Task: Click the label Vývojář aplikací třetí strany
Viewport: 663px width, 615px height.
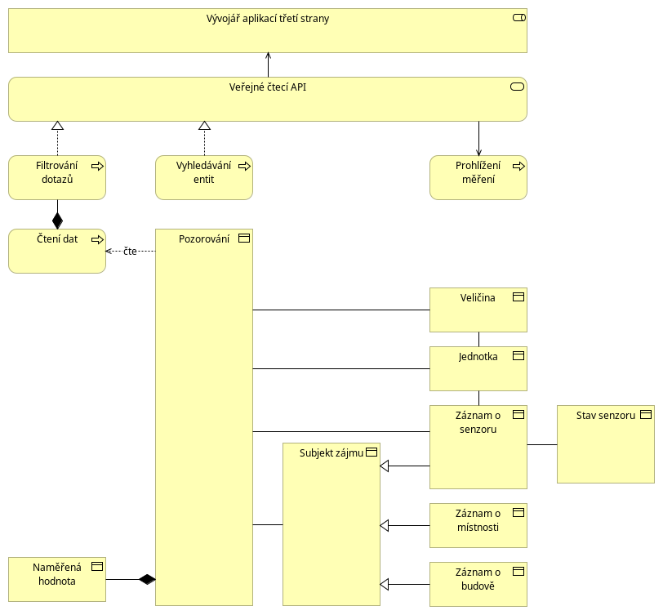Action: point(268,19)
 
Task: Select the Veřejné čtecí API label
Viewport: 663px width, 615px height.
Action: point(268,87)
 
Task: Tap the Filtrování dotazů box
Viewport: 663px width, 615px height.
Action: point(57,178)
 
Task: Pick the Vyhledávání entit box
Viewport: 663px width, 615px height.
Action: point(204,178)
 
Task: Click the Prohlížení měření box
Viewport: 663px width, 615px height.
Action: point(478,178)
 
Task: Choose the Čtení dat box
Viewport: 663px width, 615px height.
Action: point(57,252)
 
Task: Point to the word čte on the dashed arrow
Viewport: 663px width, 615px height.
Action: point(131,252)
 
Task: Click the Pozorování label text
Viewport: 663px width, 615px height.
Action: point(204,239)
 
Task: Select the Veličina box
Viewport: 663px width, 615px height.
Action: point(478,310)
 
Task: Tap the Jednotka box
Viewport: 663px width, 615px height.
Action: point(478,369)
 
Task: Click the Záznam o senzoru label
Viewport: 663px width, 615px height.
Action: point(478,422)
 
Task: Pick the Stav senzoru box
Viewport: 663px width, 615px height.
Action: point(606,444)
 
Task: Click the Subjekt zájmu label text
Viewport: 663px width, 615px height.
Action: point(331,453)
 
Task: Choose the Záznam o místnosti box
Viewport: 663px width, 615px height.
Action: point(478,526)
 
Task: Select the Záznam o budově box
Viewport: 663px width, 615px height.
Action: point(478,585)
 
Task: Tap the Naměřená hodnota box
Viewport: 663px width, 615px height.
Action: point(57,579)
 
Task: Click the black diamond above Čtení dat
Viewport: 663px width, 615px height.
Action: point(57,221)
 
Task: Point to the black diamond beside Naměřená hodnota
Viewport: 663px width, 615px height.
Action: point(147,579)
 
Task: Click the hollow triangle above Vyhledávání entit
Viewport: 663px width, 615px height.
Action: point(205,126)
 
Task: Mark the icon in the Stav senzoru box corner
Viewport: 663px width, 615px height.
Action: point(646,415)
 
